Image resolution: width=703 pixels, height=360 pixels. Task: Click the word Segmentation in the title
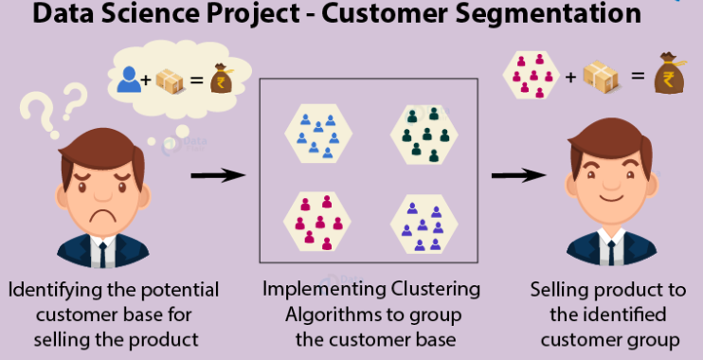[x=527, y=16]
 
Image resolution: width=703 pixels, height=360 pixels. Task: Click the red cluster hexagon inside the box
[x=317, y=219]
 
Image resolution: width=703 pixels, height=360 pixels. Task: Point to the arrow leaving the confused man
[x=215, y=175]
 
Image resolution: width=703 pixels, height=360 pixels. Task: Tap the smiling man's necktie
[x=610, y=252]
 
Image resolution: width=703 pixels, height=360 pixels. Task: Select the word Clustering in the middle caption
[x=434, y=289]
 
